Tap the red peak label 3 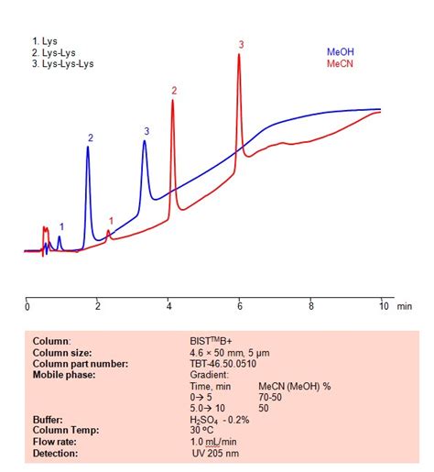[x=242, y=44]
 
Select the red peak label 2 [x=173, y=90]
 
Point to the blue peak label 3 [x=146, y=131]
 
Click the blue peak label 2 [x=91, y=137]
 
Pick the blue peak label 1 [x=61, y=226]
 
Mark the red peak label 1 [x=112, y=220]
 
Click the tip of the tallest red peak [x=239, y=55]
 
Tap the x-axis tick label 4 [x=168, y=305]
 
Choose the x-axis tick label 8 [x=310, y=305]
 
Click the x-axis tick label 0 [x=27, y=305]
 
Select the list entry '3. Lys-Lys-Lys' [x=62, y=64]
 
